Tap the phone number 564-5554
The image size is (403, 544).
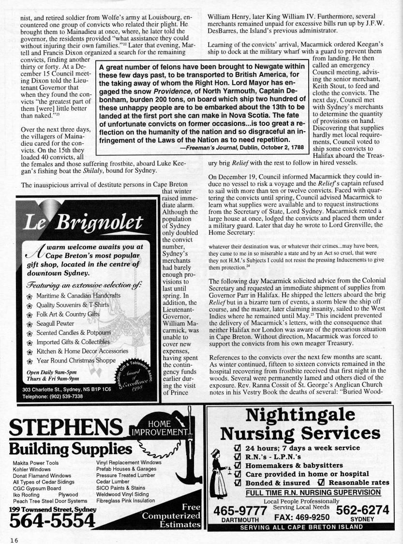(x=52, y=520)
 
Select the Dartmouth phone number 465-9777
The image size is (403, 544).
(x=240, y=511)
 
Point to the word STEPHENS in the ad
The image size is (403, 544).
(x=65, y=429)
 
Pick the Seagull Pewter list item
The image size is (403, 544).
(x=55, y=324)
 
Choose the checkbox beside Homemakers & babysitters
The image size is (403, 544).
(x=238, y=466)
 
